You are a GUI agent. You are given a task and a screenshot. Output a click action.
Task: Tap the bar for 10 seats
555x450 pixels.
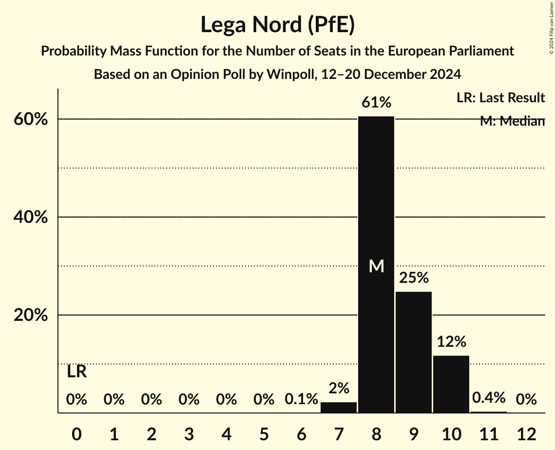pyautogui.click(x=451, y=384)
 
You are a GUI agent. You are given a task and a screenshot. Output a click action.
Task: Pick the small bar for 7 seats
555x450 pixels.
pyautogui.click(x=339, y=408)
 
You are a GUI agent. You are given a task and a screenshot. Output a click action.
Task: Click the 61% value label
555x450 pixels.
pyautogui.click(x=376, y=103)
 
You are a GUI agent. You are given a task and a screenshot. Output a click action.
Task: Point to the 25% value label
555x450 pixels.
pyautogui.click(x=414, y=278)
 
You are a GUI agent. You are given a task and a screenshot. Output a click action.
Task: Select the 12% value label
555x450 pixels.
pyautogui.click(x=451, y=342)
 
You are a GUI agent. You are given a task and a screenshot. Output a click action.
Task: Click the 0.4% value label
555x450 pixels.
pyautogui.click(x=489, y=398)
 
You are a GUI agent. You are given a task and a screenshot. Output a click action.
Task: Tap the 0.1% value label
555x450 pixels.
pyautogui.click(x=301, y=400)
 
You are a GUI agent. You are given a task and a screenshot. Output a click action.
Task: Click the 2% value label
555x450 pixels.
pyautogui.click(x=339, y=388)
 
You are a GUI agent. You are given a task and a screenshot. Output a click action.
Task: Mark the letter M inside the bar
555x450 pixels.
pyautogui.click(x=376, y=266)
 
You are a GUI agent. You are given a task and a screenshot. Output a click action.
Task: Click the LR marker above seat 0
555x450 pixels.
pyautogui.click(x=77, y=372)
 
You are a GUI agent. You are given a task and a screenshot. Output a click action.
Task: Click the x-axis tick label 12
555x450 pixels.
pyautogui.click(x=526, y=433)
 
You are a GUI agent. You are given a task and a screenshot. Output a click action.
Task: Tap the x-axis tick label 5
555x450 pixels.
pyautogui.click(x=264, y=433)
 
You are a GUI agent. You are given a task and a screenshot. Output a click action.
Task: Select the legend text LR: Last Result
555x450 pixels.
pyautogui.click(x=500, y=98)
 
